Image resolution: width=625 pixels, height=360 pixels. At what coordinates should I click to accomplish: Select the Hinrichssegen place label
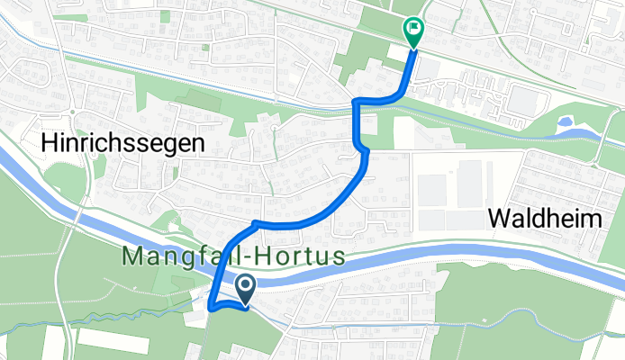coord(123,142)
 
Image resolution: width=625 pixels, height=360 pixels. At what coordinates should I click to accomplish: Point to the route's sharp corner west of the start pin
coord(211,308)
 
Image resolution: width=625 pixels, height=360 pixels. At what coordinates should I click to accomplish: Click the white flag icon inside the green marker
coord(413,28)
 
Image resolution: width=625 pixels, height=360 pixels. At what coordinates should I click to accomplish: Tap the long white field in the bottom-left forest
coord(112,341)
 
